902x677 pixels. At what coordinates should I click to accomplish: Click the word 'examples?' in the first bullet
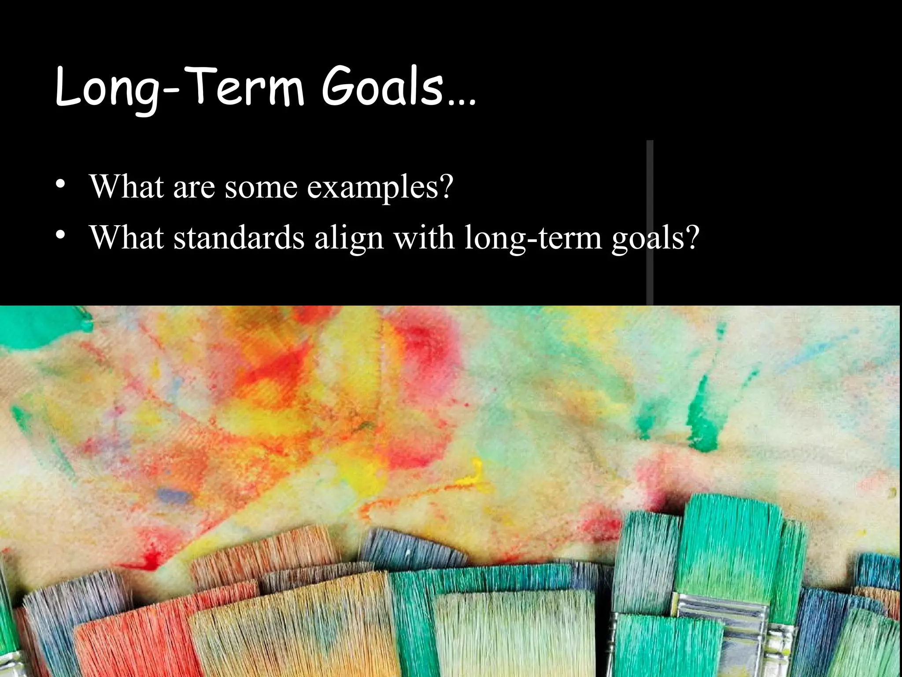380,187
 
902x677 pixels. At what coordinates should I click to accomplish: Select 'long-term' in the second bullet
533,238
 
